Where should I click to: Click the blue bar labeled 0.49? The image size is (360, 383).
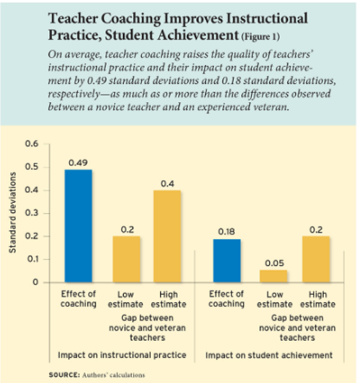(x=78, y=226)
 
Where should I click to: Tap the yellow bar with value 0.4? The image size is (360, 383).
(x=167, y=236)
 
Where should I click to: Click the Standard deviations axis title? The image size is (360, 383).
(x=11, y=213)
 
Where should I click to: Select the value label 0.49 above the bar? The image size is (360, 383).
(x=78, y=163)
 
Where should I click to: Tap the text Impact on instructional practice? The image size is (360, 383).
(x=122, y=355)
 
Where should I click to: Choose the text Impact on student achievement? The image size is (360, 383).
(x=269, y=355)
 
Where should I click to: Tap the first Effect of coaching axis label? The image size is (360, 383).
(x=78, y=298)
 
